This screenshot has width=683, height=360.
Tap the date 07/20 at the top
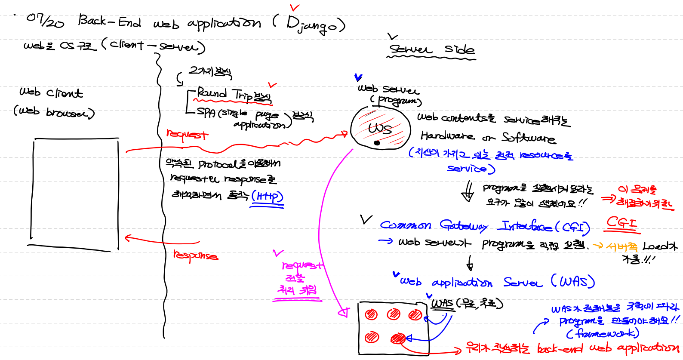[45, 20]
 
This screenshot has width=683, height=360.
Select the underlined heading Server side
[431, 50]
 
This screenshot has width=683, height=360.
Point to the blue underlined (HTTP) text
[267, 197]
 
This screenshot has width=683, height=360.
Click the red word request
[187, 135]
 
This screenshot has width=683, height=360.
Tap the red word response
[195, 255]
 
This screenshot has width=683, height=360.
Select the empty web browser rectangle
[75, 193]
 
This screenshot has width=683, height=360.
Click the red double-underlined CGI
[621, 223]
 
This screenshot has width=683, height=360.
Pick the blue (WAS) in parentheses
[573, 281]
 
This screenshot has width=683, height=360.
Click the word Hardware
[447, 136]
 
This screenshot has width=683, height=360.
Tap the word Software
[528, 138]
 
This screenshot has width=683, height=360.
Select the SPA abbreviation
[206, 112]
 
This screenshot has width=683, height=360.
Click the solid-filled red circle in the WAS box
[398, 338]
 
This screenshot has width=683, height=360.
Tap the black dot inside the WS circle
[377, 143]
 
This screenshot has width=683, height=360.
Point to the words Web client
[51, 92]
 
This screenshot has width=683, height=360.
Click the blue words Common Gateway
[434, 225]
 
